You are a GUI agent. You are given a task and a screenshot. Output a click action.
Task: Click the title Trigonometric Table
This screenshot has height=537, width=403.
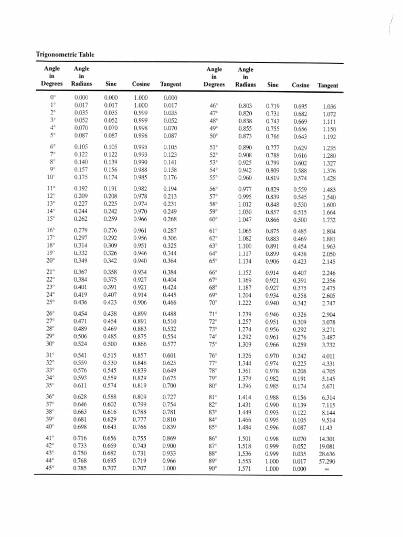[65, 55]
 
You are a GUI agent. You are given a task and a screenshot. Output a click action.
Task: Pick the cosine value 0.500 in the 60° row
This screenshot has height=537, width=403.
[301, 220]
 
